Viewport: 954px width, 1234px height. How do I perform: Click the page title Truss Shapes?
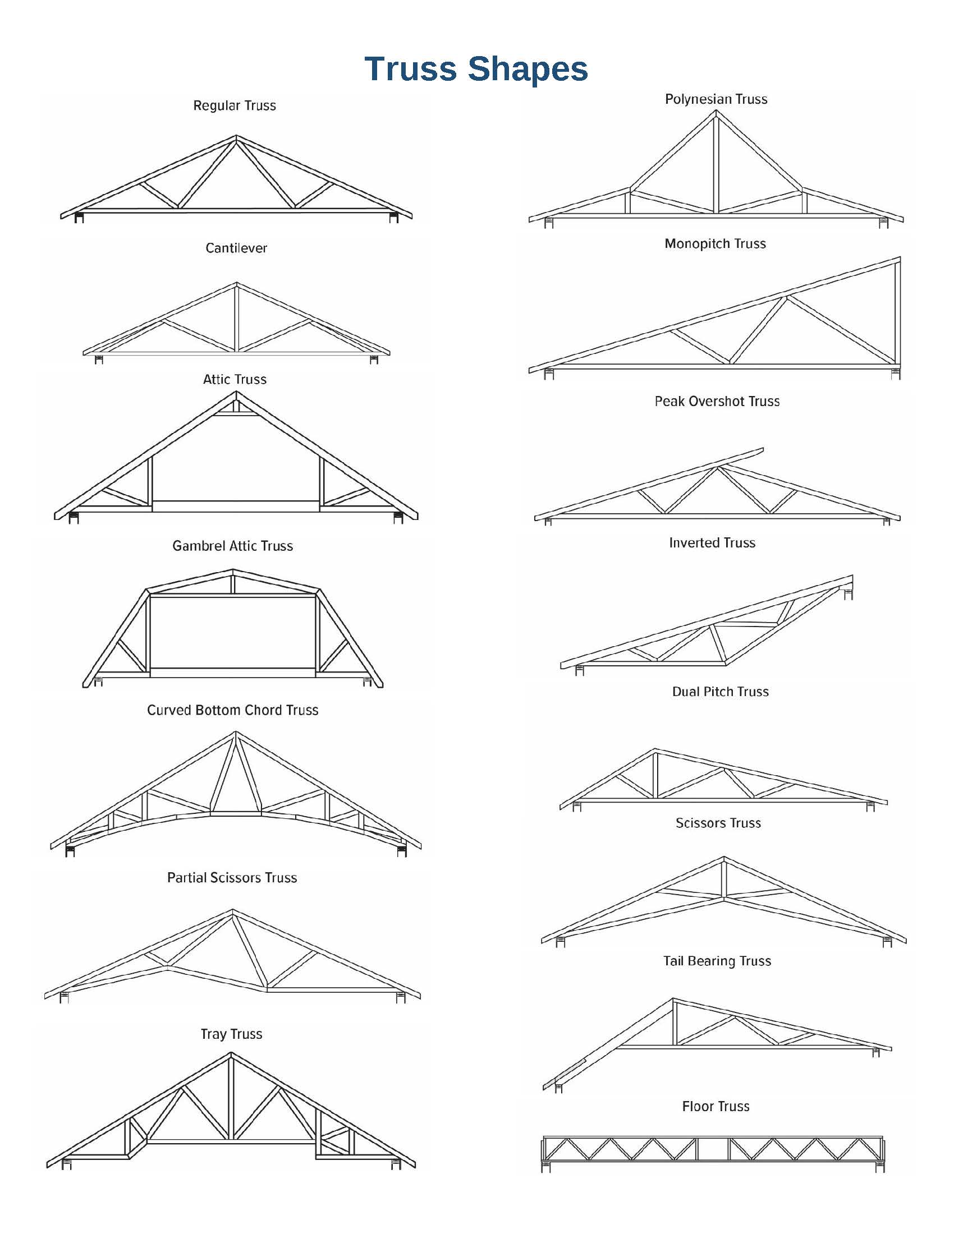[x=476, y=69]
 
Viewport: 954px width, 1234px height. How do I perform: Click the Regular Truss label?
[x=235, y=105]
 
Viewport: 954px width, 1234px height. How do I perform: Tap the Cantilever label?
[x=236, y=248]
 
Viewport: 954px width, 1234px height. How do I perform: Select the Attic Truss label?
[x=235, y=379]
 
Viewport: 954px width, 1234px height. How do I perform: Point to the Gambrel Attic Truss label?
[x=233, y=546]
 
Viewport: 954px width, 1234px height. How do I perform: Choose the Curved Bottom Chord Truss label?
[x=233, y=710]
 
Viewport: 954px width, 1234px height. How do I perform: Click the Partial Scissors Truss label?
[x=232, y=877]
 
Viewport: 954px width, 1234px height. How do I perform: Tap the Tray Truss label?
[x=232, y=1034]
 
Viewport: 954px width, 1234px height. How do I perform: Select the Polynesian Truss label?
[x=716, y=99]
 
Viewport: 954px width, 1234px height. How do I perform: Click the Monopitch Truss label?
[x=715, y=243]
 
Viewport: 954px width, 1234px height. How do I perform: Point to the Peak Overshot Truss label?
[x=717, y=401]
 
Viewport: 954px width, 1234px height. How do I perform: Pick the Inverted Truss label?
[x=712, y=543]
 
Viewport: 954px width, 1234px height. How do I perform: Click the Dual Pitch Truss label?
[x=721, y=692]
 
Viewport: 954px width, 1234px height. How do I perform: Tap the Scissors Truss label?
[x=718, y=823]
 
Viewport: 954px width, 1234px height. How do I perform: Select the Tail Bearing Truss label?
[x=717, y=961]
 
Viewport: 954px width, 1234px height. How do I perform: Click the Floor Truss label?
[x=716, y=1106]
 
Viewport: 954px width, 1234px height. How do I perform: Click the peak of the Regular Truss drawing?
[x=236, y=136]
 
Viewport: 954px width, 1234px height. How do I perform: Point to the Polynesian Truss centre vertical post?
[x=716, y=164]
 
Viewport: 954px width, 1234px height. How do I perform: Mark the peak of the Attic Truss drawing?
[x=236, y=393]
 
